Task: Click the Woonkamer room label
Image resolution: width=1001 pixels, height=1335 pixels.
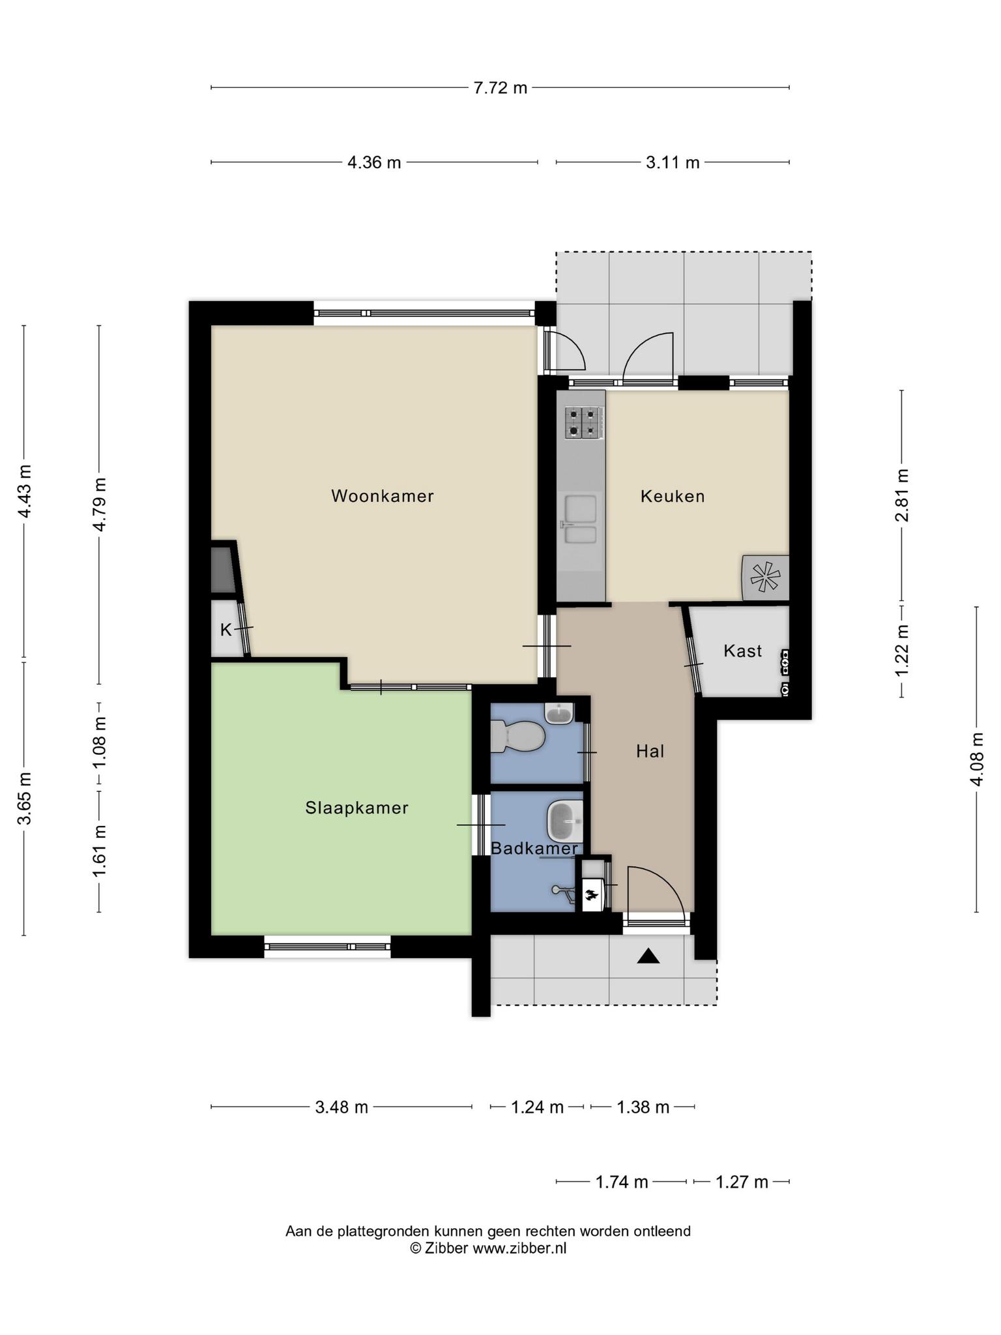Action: pos(383,496)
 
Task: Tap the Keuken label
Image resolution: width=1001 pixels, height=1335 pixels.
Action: pos(673,496)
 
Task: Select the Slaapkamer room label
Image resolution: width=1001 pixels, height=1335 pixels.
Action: pos(357,808)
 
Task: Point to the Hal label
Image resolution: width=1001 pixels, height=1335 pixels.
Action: pos(650,752)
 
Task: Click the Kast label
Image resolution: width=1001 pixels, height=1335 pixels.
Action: pos(743,651)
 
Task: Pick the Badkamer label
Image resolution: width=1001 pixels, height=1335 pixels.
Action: pos(534,848)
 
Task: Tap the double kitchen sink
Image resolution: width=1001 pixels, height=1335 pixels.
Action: pos(581,520)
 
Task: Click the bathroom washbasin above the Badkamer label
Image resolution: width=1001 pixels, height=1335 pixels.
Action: pos(564,821)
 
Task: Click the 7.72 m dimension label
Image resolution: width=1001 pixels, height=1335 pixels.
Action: pos(500,87)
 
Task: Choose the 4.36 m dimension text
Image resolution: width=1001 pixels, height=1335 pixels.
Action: pos(374,162)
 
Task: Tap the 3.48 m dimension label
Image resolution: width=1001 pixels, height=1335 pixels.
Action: pos(342,1107)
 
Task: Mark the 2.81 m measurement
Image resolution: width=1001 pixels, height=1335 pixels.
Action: pos(902,495)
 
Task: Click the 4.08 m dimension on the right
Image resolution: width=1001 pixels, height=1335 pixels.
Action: pos(977,759)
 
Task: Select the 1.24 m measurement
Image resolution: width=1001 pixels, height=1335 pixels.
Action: pos(537,1107)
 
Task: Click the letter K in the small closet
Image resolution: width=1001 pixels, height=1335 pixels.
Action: pos(226,630)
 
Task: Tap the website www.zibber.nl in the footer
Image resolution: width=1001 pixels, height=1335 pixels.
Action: pos(519,1248)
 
